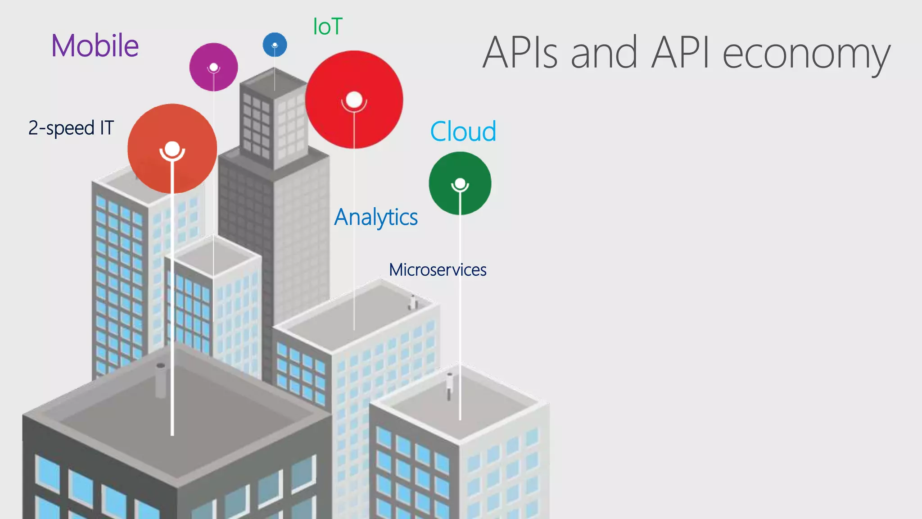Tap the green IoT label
click(x=328, y=27)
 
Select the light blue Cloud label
click(x=463, y=132)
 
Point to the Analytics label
click(x=376, y=217)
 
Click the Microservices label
click(x=438, y=270)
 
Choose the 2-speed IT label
click(x=71, y=128)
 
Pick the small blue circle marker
click(x=275, y=45)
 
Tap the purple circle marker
click(x=213, y=67)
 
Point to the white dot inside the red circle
click(x=354, y=100)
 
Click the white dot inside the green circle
click(x=460, y=183)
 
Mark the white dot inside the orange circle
click(x=172, y=148)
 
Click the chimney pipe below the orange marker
click(x=160, y=381)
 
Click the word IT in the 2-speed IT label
click(x=107, y=128)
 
